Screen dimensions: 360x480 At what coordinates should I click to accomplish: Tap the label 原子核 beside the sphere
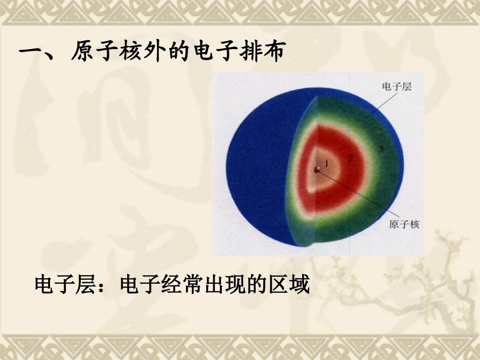tap(404, 224)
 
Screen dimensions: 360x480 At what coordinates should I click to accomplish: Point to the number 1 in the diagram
tap(326, 163)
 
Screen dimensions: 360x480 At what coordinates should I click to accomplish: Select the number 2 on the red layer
tap(350, 158)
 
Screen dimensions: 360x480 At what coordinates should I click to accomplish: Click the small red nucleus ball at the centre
tap(318, 170)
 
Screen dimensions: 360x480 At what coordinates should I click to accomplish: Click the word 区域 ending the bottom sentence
tap(290, 286)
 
